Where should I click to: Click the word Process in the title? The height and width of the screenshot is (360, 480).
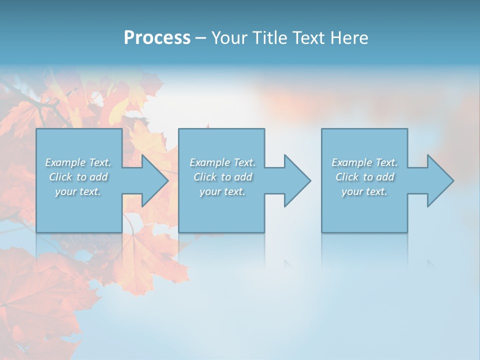(157, 37)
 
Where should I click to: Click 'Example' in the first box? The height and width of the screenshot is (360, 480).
(65, 162)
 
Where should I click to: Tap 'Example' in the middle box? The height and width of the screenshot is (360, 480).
(209, 162)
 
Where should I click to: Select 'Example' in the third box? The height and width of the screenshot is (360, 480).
(351, 162)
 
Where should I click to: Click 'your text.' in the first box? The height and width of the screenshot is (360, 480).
(78, 191)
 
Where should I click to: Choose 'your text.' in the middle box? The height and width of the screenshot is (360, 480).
(222, 191)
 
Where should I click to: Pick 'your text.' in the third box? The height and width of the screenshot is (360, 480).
(364, 191)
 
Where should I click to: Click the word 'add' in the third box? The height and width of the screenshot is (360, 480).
(385, 177)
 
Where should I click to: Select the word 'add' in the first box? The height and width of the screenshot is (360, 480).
(98, 177)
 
